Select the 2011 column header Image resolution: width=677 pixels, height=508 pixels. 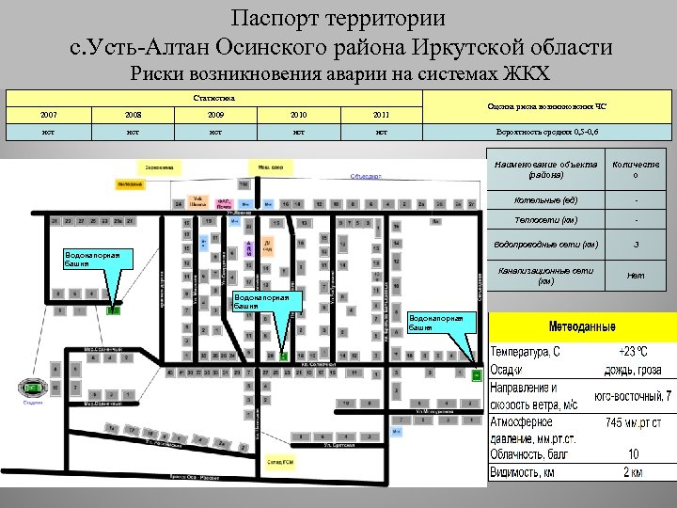point(381,115)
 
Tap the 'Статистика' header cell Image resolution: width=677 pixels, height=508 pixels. point(214,98)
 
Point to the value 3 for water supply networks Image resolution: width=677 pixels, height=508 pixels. point(636,246)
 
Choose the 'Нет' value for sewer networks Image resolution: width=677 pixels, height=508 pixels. point(636,276)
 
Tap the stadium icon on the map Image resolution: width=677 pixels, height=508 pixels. point(34,388)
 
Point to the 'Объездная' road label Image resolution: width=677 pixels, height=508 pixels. point(366,175)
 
